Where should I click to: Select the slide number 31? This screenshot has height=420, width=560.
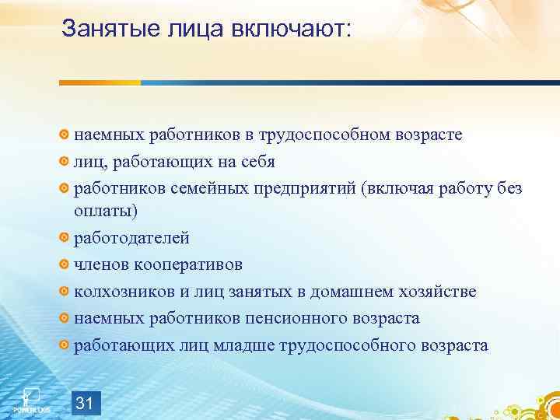86,381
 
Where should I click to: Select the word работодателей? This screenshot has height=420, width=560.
131,238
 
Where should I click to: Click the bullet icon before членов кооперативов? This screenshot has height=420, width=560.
65,264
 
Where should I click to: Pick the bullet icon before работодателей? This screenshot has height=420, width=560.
65,238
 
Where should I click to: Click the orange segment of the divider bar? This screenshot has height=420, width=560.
100,82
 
